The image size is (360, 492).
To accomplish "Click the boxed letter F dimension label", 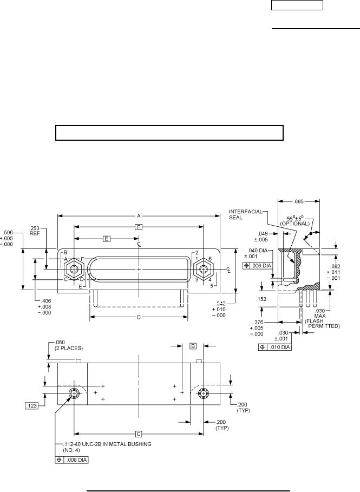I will coord(139,228).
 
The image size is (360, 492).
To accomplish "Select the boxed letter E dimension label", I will coord(107,239).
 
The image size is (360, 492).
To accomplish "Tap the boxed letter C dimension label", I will coord(139,434).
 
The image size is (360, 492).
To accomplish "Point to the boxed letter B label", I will coord(194,345).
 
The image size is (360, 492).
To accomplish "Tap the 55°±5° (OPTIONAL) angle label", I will coord(298,220).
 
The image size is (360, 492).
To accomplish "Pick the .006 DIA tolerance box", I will coord(259,265).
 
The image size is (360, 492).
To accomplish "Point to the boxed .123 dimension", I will coord(31,404).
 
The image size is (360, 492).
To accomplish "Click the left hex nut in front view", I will coord(74,268).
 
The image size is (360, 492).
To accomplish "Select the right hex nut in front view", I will coord(204,268).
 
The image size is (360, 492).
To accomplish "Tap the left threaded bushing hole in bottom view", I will coord(74,393).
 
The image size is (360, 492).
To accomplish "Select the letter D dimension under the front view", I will coord(139,317).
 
